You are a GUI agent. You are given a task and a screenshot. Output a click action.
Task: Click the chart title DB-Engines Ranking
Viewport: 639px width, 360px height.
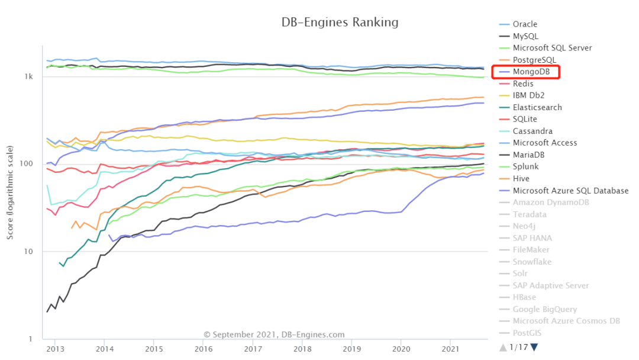(339, 22)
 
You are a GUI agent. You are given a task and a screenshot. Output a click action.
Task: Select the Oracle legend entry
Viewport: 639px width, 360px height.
(525, 24)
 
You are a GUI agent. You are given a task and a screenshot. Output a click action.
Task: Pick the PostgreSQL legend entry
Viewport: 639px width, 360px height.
(535, 60)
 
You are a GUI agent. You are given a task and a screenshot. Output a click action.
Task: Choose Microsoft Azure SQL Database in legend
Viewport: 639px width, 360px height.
(570, 191)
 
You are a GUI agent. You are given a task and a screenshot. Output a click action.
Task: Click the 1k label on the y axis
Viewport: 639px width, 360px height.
(29, 76)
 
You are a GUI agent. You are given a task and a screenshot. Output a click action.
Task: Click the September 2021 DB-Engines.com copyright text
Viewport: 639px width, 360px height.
(274, 335)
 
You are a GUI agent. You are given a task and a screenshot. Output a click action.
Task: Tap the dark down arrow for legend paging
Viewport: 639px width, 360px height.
(534, 347)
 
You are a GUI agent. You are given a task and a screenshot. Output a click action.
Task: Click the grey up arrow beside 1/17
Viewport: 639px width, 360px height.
(503, 347)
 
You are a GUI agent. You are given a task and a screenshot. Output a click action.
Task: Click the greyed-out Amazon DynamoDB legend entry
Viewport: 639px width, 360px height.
(550, 202)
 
